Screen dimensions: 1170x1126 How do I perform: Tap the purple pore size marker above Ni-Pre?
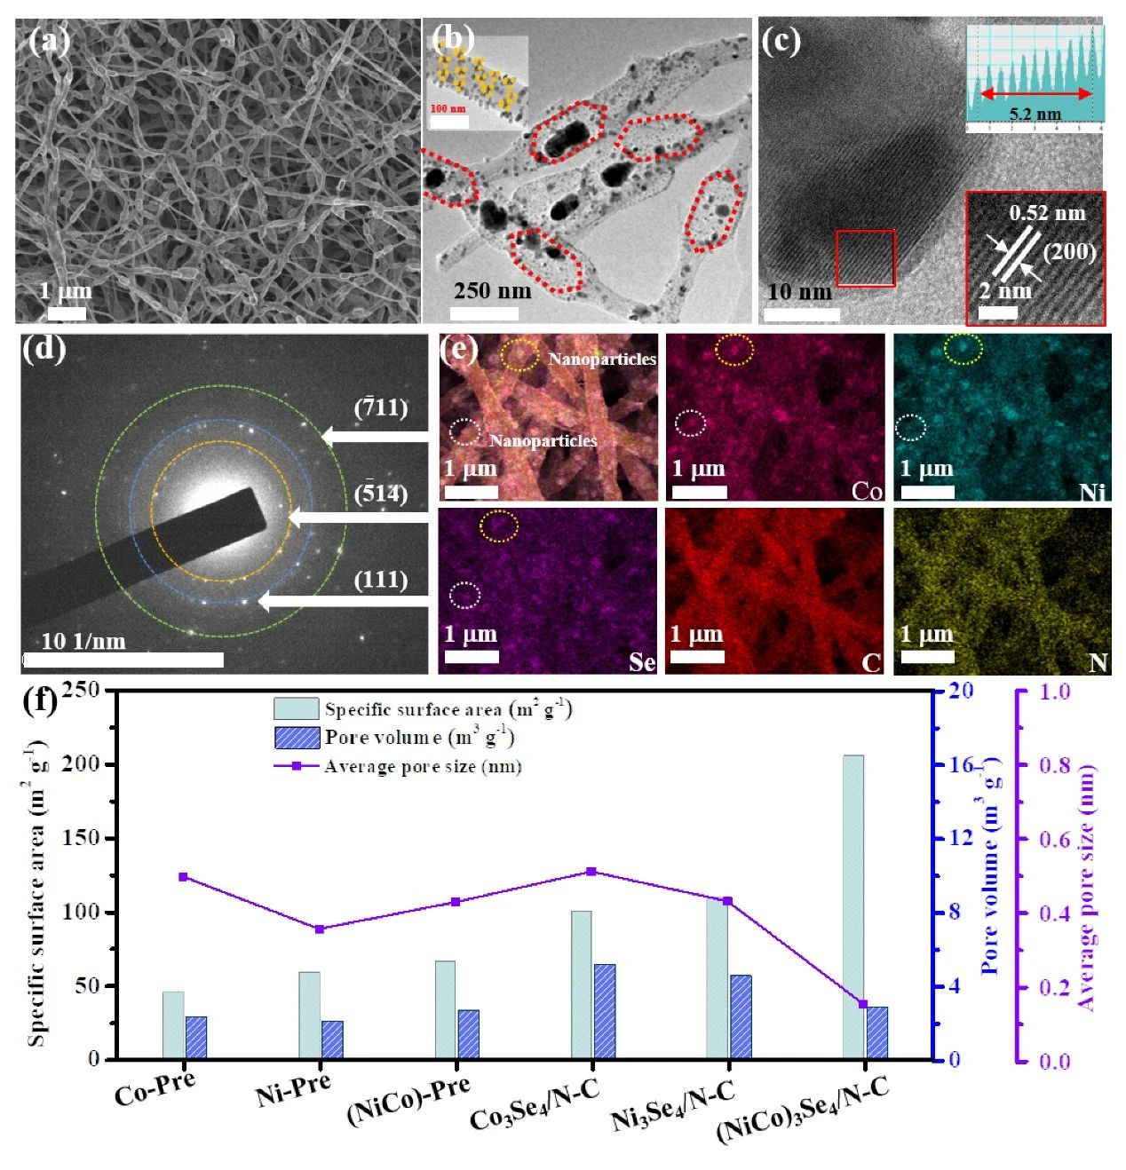pyautogui.click(x=320, y=929)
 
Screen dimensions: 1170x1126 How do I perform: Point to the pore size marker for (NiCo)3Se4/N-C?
pyautogui.click(x=863, y=1004)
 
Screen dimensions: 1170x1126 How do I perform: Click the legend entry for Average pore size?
pyautogui.click(x=422, y=766)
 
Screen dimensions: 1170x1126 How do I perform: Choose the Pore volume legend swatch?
pyautogui.click(x=297, y=738)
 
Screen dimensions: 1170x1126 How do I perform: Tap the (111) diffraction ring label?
pyautogui.click(x=381, y=581)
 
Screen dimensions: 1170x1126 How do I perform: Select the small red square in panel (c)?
pyautogui.click(x=865, y=258)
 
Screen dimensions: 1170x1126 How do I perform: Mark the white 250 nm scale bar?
pyautogui.click(x=484, y=312)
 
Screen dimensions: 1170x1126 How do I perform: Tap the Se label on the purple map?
pyautogui.click(x=642, y=662)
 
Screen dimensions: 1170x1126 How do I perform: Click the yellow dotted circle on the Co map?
pyautogui.click(x=734, y=351)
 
